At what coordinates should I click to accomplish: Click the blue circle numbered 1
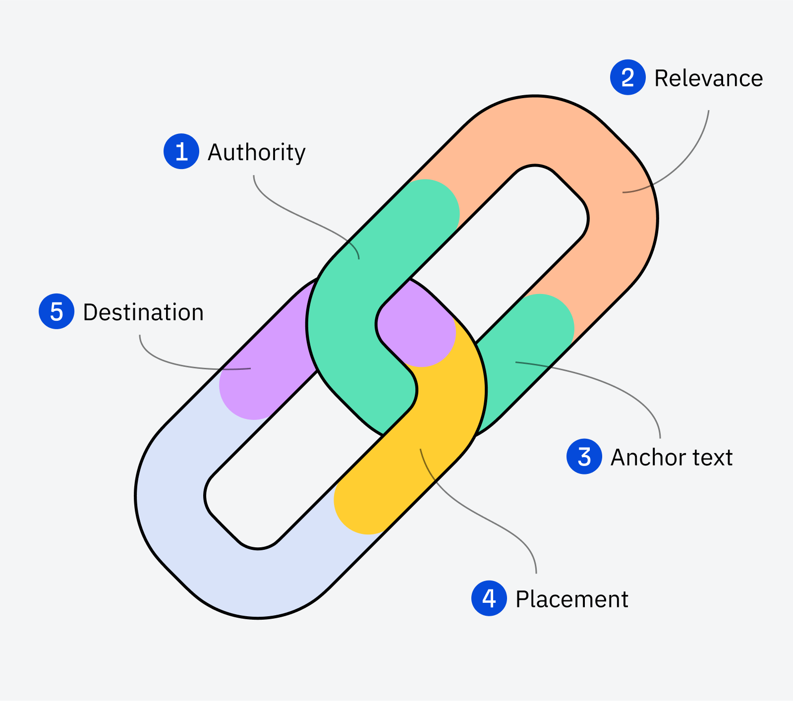coord(181,151)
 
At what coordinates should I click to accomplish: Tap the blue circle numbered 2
coord(627,77)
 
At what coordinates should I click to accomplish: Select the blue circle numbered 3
coord(584,457)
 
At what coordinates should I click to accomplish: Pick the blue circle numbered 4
coord(489,598)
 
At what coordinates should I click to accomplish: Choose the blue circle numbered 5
coord(57,312)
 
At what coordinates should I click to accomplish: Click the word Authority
coord(256,152)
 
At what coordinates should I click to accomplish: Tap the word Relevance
coord(708,78)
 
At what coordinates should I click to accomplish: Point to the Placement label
coord(571,599)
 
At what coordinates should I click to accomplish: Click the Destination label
coord(143,312)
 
